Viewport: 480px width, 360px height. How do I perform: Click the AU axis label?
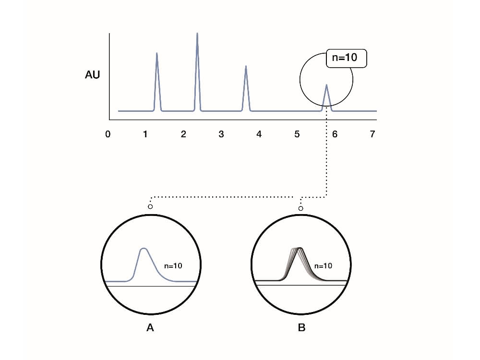click(93, 75)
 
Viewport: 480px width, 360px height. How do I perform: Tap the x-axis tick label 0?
click(108, 134)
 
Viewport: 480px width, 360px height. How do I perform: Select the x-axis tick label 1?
click(145, 134)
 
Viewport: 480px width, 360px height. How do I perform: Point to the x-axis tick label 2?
click(183, 134)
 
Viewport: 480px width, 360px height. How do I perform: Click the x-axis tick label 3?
click(221, 134)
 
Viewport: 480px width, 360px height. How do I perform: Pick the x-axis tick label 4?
click(259, 134)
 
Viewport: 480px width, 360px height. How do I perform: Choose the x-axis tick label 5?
click(297, 134)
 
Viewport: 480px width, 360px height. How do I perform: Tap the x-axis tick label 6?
click(335, 134)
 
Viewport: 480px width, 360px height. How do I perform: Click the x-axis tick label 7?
click(372, 134)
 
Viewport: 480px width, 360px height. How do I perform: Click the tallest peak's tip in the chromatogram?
click(197, 33)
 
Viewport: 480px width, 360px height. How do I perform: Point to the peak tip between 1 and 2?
click(157, 53)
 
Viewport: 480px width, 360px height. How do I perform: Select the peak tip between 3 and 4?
click(246, 66)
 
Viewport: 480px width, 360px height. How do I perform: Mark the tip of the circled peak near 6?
click(326, 85)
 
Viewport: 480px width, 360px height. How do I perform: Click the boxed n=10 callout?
click(346, 58)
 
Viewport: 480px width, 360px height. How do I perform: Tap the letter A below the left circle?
click(150, 328)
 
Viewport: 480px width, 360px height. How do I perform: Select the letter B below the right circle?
click(301, 328)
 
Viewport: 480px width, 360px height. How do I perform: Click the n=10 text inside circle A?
click(173, 266)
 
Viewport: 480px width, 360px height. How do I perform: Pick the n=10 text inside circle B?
click(323, 266)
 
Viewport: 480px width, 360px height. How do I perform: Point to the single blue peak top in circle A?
click(144, 248)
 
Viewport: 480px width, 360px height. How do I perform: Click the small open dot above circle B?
click(300, 208)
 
